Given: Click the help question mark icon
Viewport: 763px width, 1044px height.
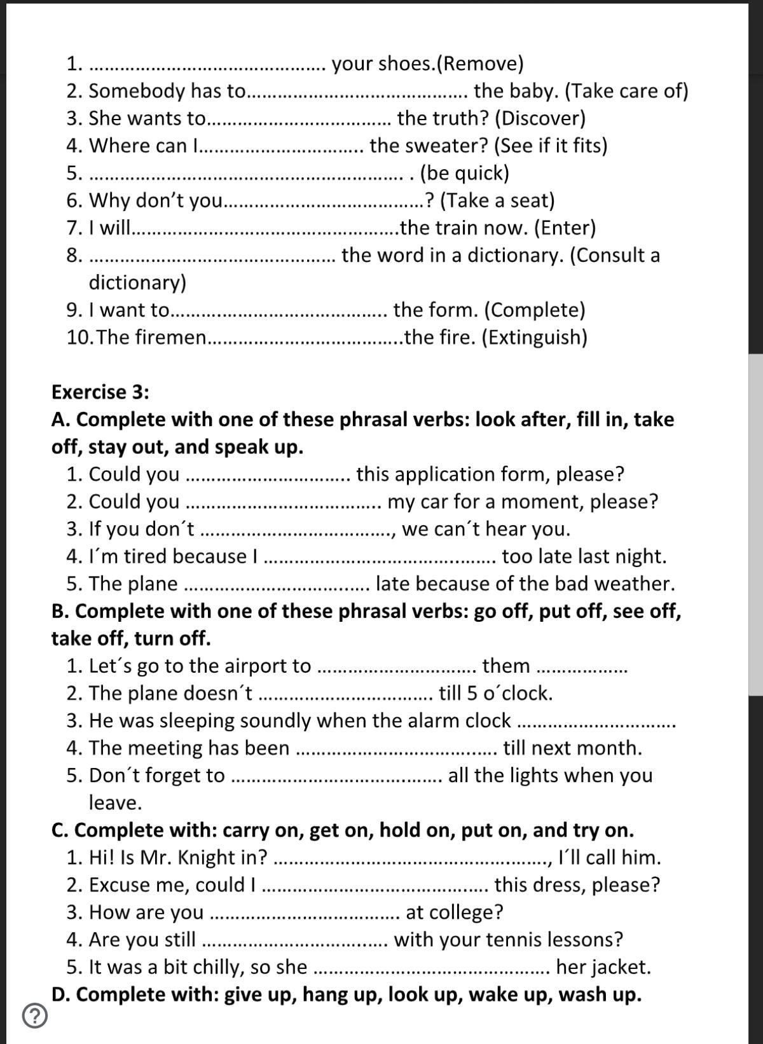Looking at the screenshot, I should click(35, 1015).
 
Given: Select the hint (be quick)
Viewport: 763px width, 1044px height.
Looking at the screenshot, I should click(464, 173).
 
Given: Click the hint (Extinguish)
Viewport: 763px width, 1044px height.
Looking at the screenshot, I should click(534, 337).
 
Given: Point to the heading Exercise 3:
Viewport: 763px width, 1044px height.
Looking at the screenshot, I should click(100, 392).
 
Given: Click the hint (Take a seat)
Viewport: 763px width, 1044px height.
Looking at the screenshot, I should click(497, 200).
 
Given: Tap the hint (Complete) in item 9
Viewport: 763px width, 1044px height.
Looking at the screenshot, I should click(534, 310).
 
